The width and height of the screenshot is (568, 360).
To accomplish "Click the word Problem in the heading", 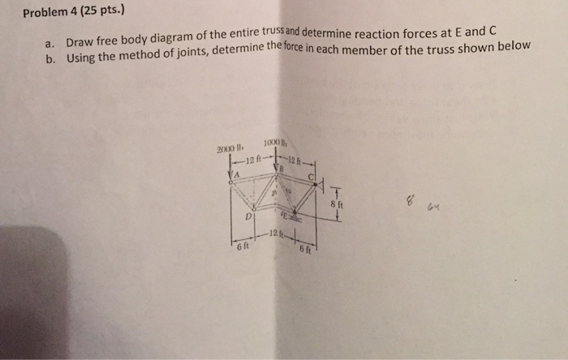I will click(47, 12).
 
